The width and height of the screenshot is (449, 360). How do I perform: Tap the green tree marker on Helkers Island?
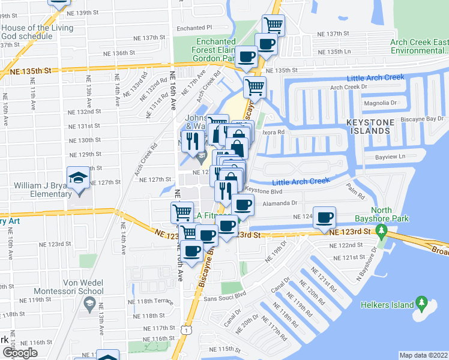[x=422, y=304]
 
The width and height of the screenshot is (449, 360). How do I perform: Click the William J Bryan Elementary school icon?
[x=77, y=179]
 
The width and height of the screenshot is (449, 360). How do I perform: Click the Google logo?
[x=20, y=353]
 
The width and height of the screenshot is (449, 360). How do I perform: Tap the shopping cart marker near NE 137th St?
[x=274, y=25]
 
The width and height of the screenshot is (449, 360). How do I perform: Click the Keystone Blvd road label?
[x=264, y=190]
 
